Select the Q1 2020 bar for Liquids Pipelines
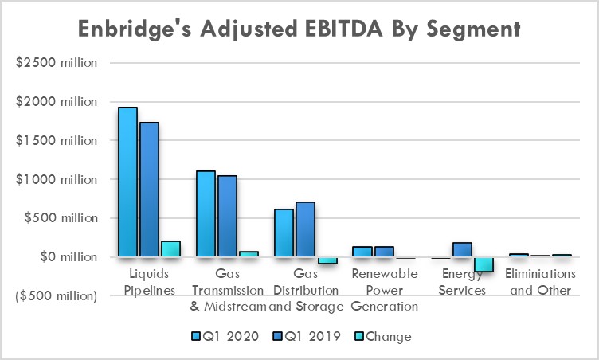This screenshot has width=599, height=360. click(128, 182)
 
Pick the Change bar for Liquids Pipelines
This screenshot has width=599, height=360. click(170, 249)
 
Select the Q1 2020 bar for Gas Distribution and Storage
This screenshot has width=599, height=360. click(284, 233)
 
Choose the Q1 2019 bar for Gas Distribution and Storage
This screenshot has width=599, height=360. click(305, 229)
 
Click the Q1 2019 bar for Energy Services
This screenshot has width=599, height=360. click(463, 250)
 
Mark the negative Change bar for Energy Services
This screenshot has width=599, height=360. click(484, 264)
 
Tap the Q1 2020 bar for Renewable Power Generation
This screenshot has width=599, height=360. click(362, 252)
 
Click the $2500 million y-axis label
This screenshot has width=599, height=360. click(57, 63)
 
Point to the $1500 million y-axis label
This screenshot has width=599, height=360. click(57, 141)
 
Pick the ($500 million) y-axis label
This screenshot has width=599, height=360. click(57, 296)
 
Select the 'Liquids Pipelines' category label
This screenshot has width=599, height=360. click(149, 282)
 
